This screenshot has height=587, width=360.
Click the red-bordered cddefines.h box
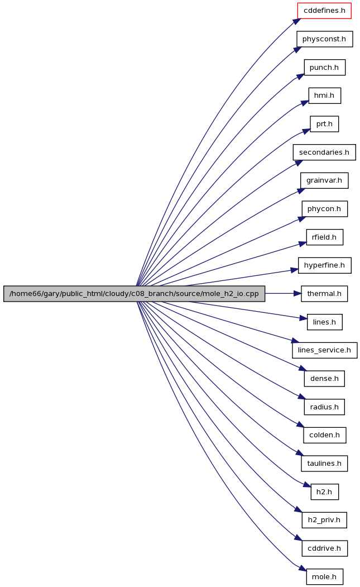[x=324, y=11]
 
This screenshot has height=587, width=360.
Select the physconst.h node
[x=324, y=39]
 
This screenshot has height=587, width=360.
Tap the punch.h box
[x=324, y=68]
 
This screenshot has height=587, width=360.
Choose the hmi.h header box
[x=324, y=96]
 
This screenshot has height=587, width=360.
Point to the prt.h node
[x=324, y=124]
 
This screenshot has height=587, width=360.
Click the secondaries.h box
[x=324, y=152]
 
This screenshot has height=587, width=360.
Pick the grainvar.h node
[x=324, y=180]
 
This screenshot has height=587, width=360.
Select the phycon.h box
[x=324, y=209]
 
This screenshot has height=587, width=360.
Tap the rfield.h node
[x=324, y=237]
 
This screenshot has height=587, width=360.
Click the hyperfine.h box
[x=324, y=265]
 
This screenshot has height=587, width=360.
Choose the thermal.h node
[x=324, y=294]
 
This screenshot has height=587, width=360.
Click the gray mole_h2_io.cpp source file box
[x=134, y=294]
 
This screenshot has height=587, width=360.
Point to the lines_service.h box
[x=324, y=350]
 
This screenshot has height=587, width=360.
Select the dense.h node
[x=324, y=379]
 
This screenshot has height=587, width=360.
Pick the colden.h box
[x=324, y=435]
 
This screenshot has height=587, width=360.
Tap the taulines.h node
[x=324, y=464]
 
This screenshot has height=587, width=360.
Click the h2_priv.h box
[x=324, y=520]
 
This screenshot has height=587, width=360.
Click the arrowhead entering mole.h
[x=302, y=569]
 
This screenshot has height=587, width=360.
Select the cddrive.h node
[x=324, y=548]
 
